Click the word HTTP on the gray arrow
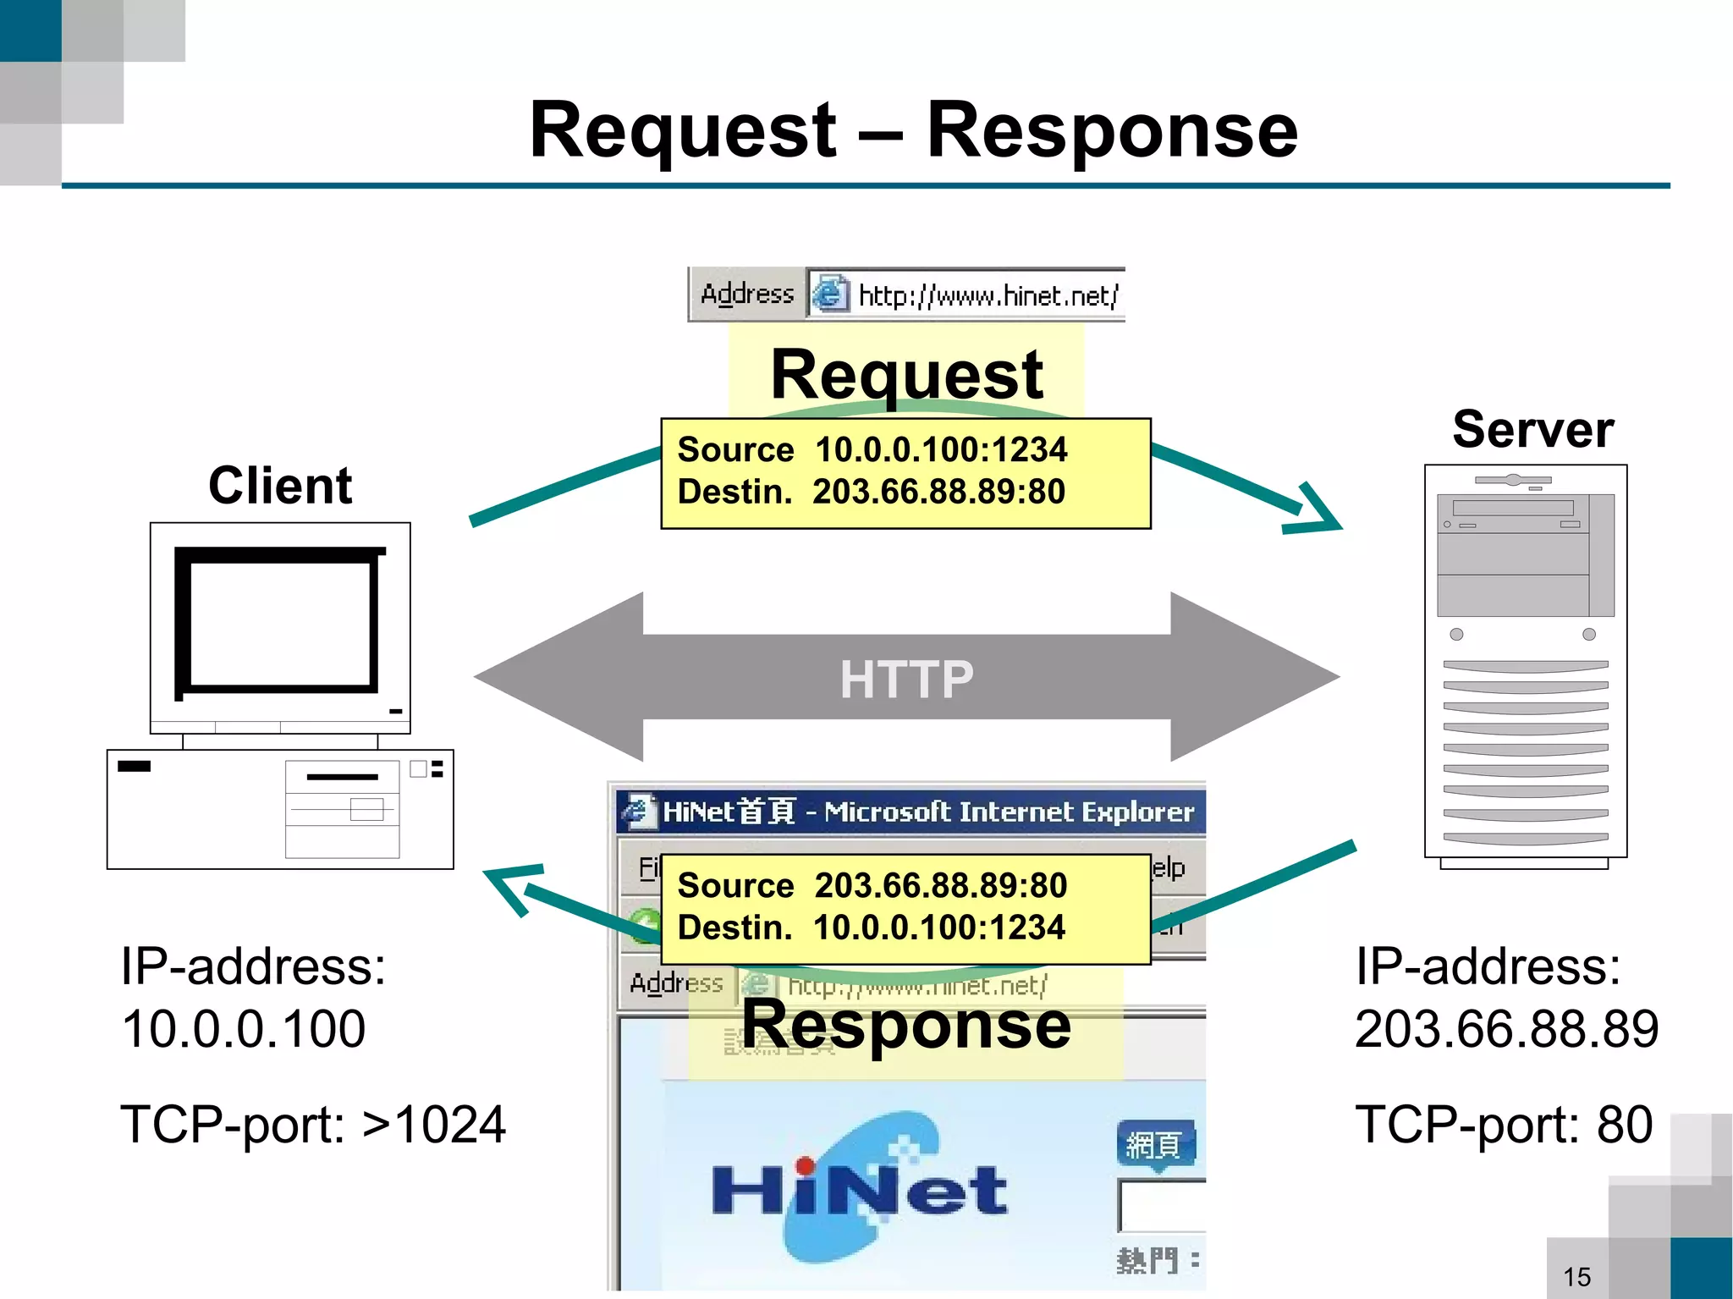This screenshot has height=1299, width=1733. (906, 679)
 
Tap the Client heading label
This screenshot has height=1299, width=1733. (280, 486)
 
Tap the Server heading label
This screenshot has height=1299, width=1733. (1532, 429)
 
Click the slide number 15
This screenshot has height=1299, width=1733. (1577, 1276)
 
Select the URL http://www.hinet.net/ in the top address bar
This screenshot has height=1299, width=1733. (988, 296)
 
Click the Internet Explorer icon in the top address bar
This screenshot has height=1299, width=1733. (830, 294)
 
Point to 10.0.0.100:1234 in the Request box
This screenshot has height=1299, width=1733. (940, 449)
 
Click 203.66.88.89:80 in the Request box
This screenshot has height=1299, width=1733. (938, 492)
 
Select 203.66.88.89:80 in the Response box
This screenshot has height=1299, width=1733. (940, 885)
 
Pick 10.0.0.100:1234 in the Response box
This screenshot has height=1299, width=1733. (938, 927)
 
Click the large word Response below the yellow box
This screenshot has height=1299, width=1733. (906, 1024)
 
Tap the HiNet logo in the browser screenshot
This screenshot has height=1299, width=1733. (859, 1189)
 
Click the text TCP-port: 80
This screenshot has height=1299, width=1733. (1504, 1125)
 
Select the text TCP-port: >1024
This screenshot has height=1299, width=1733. (312, 1125)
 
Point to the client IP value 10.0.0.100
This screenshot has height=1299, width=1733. (243, 1029)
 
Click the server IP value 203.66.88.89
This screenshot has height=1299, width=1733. (1506, 1029)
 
